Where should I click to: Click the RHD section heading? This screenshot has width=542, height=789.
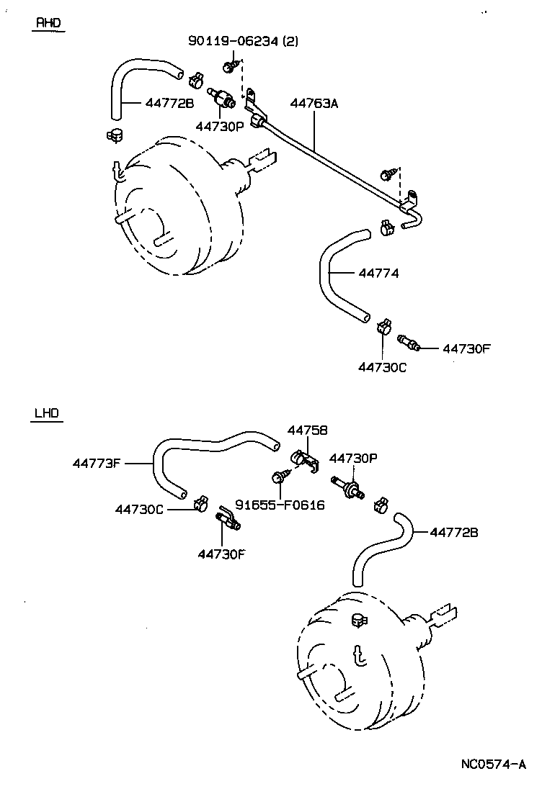click(49, 23)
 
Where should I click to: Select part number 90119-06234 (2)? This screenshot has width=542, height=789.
click(243, 42)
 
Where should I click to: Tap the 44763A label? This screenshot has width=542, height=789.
click(314, 103)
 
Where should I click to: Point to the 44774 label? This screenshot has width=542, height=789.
click(378, 274)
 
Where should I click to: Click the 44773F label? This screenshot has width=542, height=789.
click(97, 463)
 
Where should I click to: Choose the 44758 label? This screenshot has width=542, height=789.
click(308, 430)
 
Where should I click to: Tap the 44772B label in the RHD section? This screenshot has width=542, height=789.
click(169, 103)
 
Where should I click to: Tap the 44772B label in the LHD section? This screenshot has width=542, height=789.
click(454, 533)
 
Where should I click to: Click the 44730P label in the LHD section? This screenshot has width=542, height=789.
click(354, 458)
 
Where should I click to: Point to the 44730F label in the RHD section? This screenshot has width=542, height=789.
click(466, 349)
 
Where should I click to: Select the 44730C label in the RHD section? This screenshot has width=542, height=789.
click(383, 366)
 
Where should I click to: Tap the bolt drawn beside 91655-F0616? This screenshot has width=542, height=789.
click(279, 476)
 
